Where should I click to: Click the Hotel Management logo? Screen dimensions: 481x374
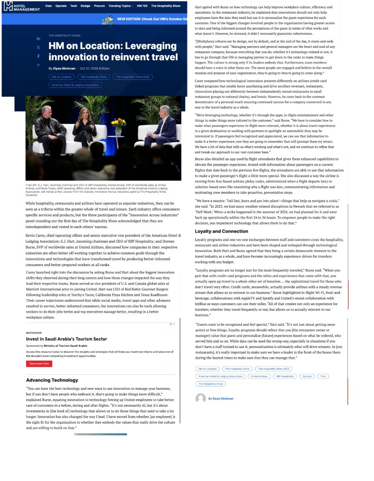coord(22,6)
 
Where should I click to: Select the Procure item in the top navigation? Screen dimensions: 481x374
coord(99,6)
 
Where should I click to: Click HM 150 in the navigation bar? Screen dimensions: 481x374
coord(142,6)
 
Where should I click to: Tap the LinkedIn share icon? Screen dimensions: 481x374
coord(39,39)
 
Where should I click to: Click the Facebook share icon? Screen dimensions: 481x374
coord(39,56)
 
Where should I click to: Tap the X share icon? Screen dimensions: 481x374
coord(39,47)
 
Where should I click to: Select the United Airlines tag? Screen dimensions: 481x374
coord(259,376)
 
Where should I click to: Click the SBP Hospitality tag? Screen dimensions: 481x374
coord(285,376)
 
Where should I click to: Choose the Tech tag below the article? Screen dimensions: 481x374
coord(323,376)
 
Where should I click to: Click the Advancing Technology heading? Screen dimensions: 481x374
coord(46,380)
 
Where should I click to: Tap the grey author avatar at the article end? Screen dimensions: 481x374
coord(201,399)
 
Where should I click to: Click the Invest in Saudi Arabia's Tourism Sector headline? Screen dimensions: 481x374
coord(66,339)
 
